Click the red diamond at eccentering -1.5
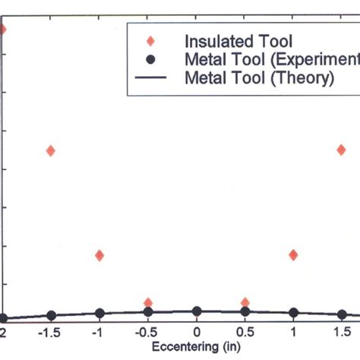point(50,150)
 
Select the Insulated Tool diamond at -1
point(99,255)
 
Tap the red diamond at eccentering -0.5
point(148,302)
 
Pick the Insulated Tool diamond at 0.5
point(245,302)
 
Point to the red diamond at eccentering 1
point(293,255)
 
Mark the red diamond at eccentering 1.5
point(342,150)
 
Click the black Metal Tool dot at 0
point(197,311)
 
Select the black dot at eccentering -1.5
point(51,315)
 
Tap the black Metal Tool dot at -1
point(99,313)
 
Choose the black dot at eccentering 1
point(293,313)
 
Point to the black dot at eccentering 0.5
point(245,311)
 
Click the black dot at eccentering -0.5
point(148,311)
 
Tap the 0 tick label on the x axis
point(197,333)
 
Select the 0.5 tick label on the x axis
point(245,333)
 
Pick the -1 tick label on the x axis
point(98,333)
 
